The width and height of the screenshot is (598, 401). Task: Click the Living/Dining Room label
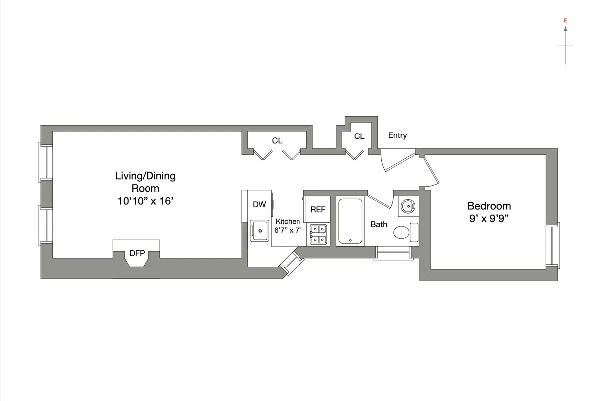coord(145,182)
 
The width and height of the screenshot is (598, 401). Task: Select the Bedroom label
coord(489,206)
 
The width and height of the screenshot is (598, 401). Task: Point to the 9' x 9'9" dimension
coord(489,218)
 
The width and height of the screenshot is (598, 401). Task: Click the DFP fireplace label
coord(137,253)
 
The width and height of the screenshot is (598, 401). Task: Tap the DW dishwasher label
coord(259,204)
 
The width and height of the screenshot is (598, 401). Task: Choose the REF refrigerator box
coord(318,210)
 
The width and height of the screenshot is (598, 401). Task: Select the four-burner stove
coord(318,234)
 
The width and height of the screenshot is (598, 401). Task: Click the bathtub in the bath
coord(351,221)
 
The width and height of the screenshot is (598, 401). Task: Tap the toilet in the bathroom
coord(402,232)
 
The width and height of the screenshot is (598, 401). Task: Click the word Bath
coord(379,225)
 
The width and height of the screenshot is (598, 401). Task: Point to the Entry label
coord(397,135)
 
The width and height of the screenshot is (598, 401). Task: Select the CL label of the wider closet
coord(277,141)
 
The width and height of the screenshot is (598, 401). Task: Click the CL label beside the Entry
coord(359,136)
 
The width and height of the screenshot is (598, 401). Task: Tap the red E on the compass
coord(565,21)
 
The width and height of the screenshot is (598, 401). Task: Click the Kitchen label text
coord(288,221)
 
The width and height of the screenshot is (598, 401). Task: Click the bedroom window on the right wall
coord(553,246)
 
